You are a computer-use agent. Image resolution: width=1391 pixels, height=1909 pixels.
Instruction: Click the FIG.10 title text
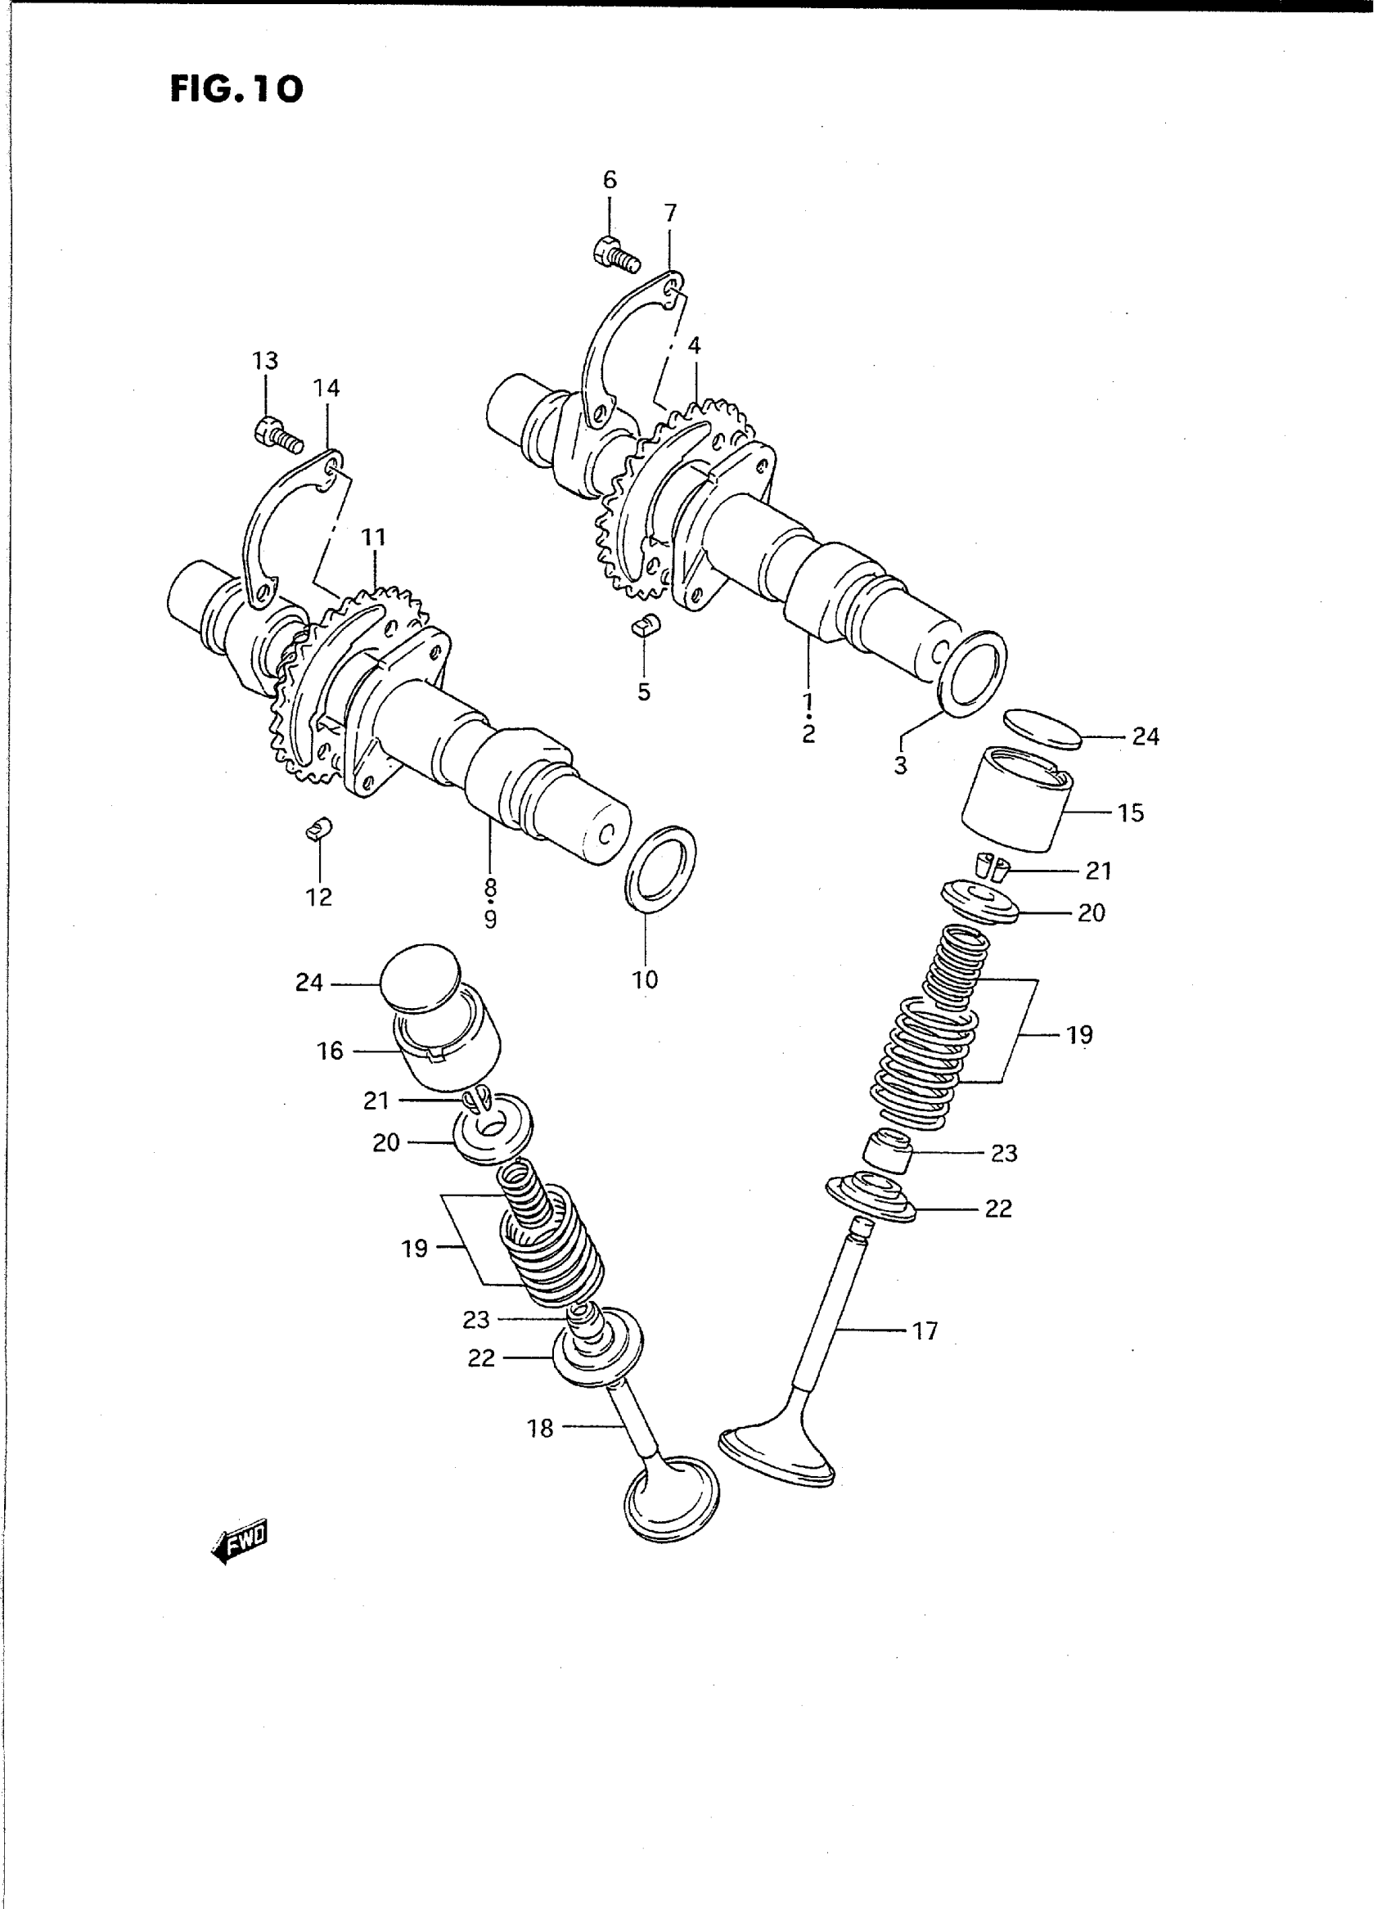coord(236,89)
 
